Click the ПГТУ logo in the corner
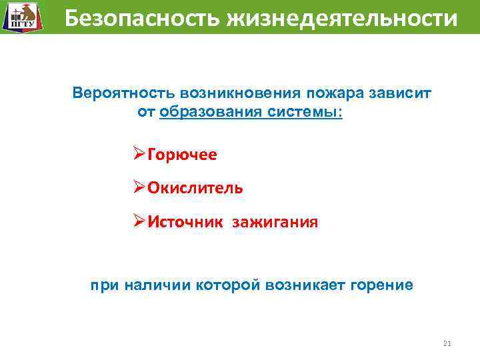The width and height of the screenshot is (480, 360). point(20,17)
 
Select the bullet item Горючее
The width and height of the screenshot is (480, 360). point(182,155)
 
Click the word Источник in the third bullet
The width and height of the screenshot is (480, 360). point(186,221)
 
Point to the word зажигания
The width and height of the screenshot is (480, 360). point(275,221)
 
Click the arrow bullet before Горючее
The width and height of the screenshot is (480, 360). point(139,155)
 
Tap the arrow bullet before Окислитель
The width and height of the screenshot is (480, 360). point(139,188)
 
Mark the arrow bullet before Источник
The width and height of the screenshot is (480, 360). point(139,221)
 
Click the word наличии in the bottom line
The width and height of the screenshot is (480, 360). point(156,285)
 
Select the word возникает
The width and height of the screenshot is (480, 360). point(300,285)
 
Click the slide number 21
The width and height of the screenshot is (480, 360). point(447,344)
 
